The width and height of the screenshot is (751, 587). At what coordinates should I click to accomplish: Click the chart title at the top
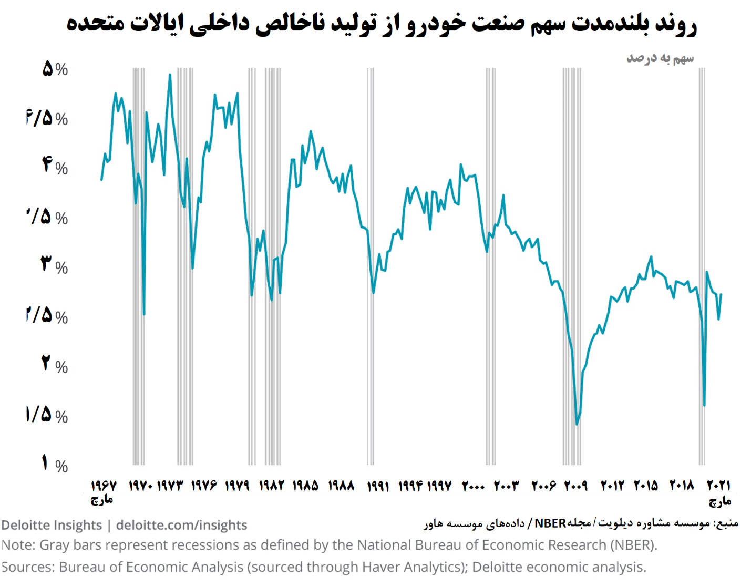(381, 24)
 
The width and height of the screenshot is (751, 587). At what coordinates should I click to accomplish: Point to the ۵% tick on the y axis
(55, 69)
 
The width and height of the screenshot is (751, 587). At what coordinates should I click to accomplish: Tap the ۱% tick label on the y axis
(55, 464)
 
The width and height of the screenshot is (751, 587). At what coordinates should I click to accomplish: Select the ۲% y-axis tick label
(55, 364)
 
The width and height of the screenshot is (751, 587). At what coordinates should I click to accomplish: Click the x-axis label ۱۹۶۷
(104, 485)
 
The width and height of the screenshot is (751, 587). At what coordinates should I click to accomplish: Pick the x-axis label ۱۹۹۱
(378, 485)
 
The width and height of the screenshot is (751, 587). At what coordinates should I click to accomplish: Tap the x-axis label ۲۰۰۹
(575, 485)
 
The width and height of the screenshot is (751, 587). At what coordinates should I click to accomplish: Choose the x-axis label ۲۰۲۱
(718, 485)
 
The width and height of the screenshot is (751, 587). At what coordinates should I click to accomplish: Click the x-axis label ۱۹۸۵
(305, 485)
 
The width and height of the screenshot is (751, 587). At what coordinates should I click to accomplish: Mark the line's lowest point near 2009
(577, 424)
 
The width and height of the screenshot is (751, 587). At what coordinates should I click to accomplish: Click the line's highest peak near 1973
(170, 75)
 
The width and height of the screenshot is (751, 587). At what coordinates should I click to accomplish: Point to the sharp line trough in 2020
(704, 405)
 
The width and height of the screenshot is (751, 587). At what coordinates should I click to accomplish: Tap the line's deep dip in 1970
(144, 314)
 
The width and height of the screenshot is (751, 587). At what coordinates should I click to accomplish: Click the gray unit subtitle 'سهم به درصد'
(660, 58)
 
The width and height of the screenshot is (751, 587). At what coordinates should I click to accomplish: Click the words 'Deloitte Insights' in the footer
(52, 525)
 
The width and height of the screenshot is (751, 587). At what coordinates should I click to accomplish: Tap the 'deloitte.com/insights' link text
(181, 525)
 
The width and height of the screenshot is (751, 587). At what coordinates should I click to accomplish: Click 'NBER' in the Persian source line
(550, 523)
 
